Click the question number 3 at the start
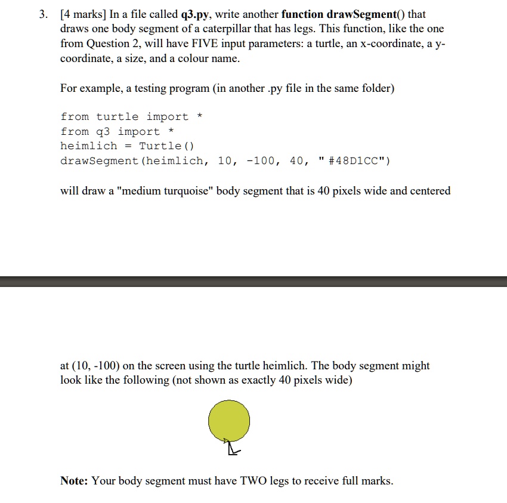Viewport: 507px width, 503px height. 43,14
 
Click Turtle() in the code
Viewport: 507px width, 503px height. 167,146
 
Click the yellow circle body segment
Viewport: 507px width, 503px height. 229,421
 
